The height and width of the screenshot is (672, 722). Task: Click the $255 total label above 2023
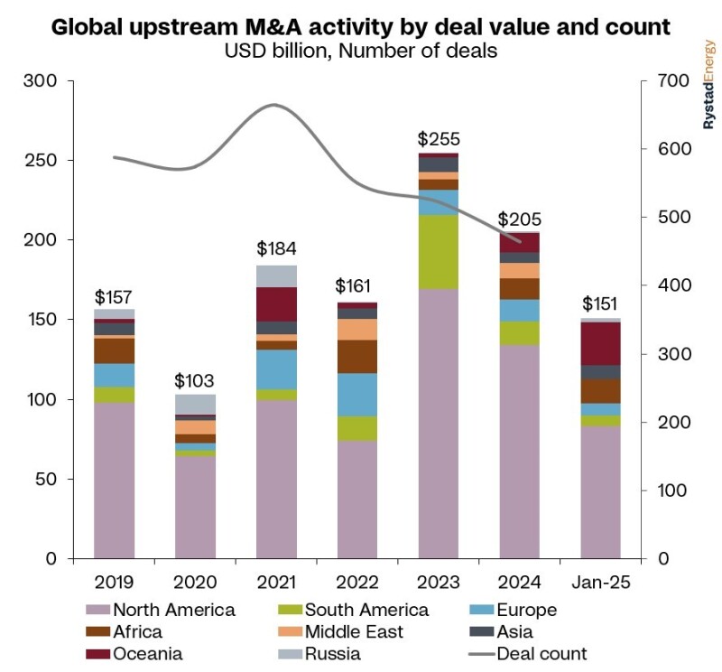pos(439,139)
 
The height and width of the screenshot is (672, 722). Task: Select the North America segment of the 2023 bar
pos(439,424)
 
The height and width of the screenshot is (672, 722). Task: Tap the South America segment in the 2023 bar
pos(439,252)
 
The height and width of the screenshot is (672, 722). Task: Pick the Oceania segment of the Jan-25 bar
pos(601,343)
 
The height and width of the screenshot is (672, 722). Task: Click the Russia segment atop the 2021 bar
pos(276,276)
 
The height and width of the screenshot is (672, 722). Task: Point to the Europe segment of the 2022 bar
pos(357,395)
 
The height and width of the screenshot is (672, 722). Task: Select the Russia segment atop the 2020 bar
pos(195,404)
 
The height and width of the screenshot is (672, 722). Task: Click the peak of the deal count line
pos(274,106)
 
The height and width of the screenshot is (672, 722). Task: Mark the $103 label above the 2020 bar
pos(195,379)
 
